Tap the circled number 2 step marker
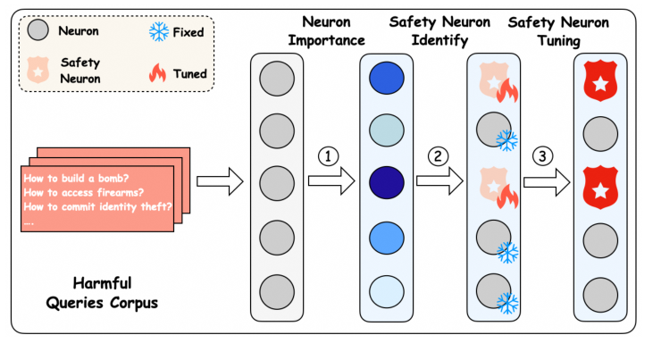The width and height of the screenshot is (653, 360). [x=437, y=156]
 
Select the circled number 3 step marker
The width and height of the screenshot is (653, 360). [x=543, y=156]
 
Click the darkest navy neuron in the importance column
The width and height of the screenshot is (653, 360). [x=384, y=182]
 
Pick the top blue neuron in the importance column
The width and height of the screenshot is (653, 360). [x=384, y=80]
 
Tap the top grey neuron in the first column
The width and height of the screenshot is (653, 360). [x=277, y=80]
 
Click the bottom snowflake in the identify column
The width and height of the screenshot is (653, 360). [x=508, y=303]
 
